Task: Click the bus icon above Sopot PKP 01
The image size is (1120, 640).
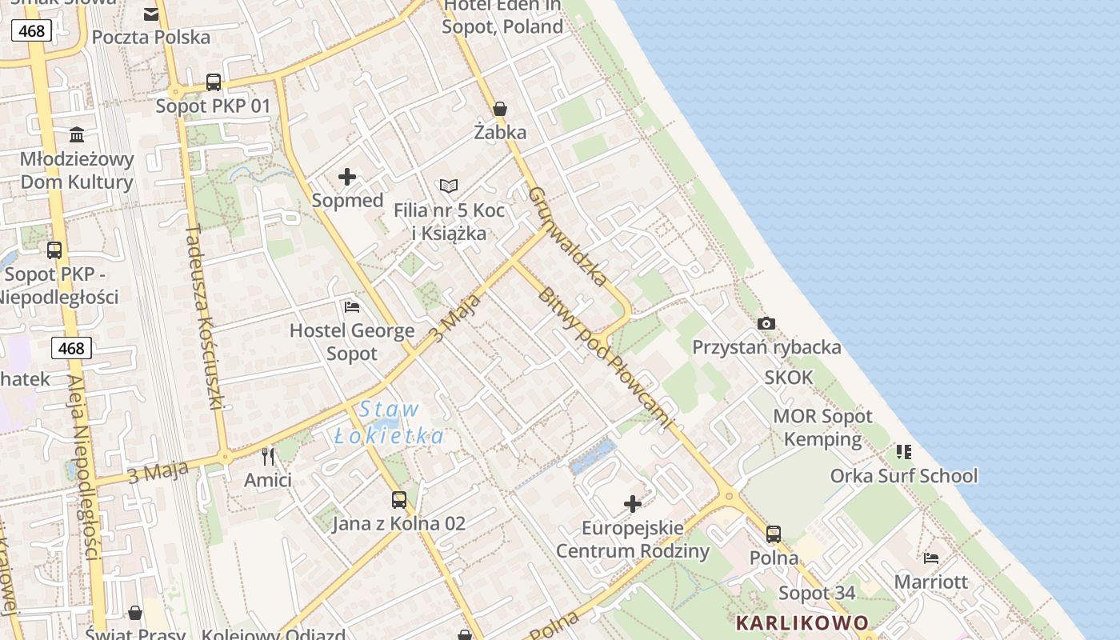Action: coord(214,82)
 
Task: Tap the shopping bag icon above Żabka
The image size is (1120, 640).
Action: coord(500,109)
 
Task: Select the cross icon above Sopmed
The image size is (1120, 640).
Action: coord(347,177)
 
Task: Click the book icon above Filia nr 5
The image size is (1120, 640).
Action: coord(449,186)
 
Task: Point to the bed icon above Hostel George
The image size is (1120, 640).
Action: coord(351,306)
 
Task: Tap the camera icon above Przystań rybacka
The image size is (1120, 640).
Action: coord(766,323)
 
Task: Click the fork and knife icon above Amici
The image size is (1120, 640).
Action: coord(268,457)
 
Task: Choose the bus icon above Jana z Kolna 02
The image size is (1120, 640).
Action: coord(398,500)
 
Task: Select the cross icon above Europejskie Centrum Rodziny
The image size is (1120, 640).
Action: coord(633,504)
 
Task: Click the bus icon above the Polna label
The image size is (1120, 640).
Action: coord(773,534)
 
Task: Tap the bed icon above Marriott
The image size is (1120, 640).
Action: coord(930,558)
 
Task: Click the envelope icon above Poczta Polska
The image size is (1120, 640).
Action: coord(151,14)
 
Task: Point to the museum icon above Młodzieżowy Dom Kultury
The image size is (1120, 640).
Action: coord(77,134)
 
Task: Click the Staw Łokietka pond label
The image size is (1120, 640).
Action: coord(389,422)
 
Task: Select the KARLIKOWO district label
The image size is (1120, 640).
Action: coord(802,622)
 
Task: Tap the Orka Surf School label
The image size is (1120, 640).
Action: coord(904,476)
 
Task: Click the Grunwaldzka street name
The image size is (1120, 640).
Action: coord(568,236)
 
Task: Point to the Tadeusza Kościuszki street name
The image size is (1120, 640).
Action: coord(203,317)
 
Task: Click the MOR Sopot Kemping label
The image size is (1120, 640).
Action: coord(822,427)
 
